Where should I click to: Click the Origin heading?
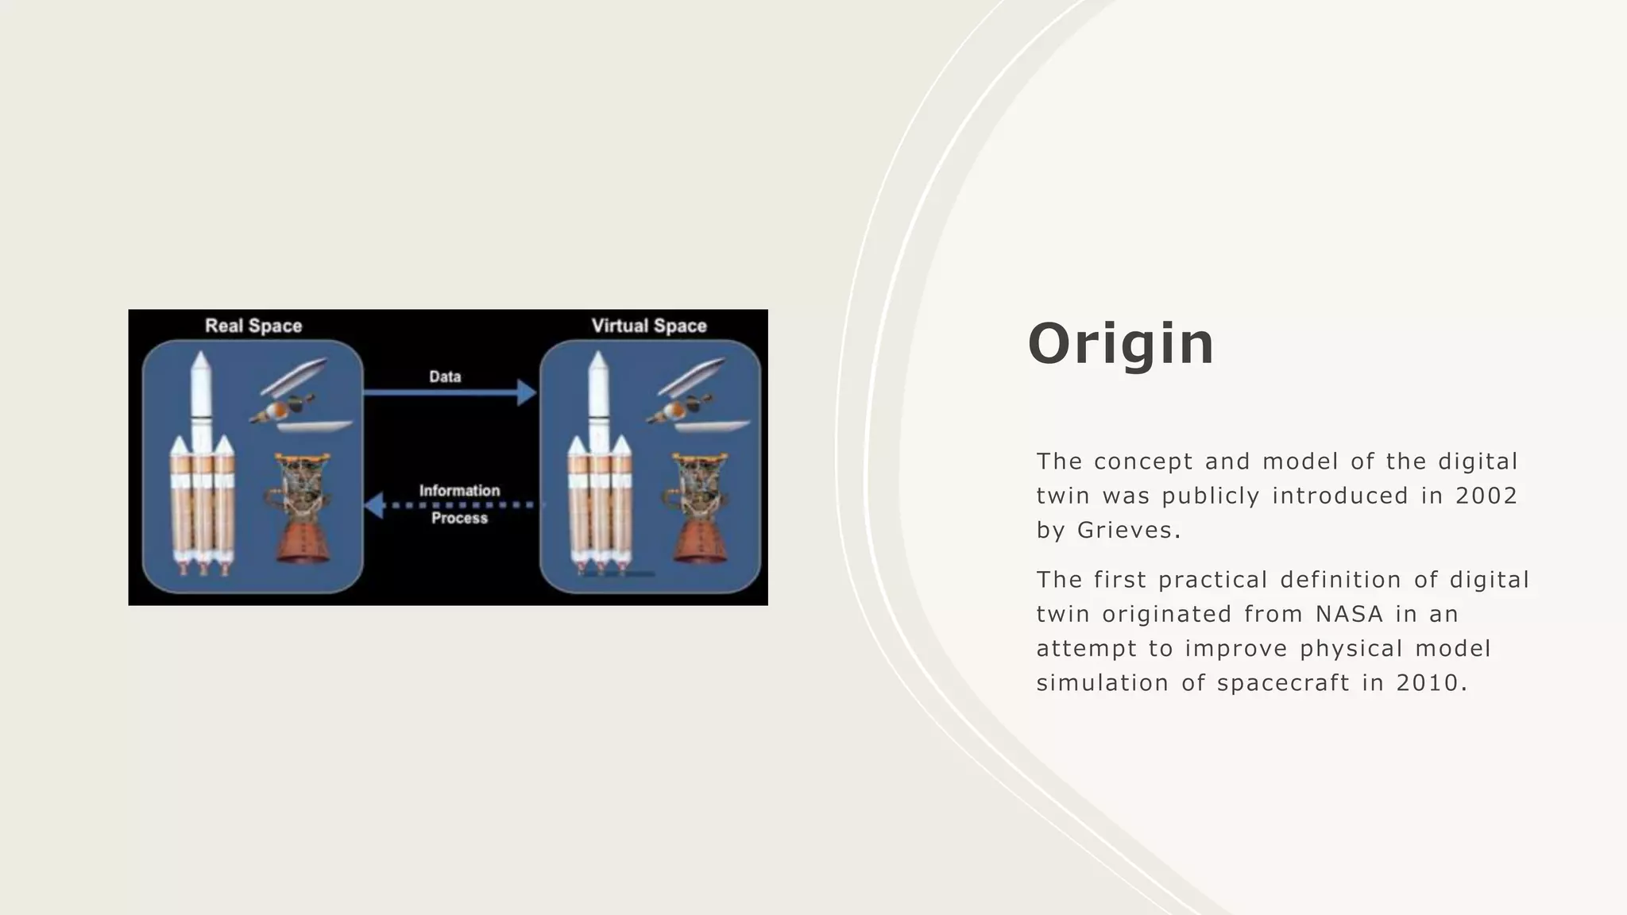[x=1121, y=344]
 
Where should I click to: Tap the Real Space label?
[x=253, y=326]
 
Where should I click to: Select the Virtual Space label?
[x=649, y=326]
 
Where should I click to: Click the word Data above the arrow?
[x=445, y=376]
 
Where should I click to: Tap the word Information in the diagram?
[x=459, y=491]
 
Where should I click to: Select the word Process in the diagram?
[x=459, y=518]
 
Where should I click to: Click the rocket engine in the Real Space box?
[x=301, y=508]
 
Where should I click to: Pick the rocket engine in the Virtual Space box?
[x=698, y=508]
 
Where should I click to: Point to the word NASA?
[x=1349, y=614]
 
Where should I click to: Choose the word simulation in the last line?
[x=1102, y=683]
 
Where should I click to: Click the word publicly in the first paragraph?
[x=1211, y=496]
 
